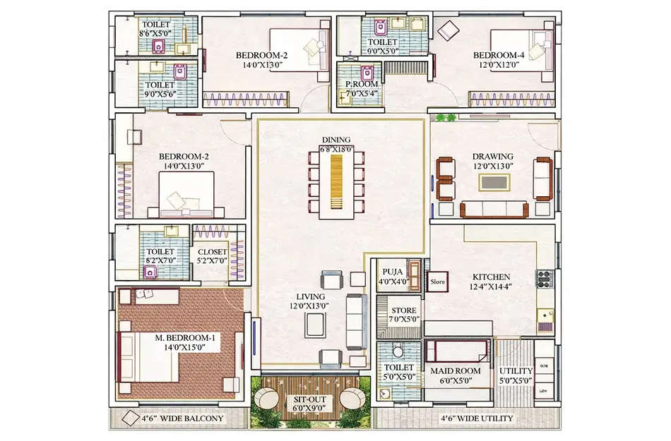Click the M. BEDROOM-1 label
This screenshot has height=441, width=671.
[185, 338]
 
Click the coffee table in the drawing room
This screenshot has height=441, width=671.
[492, 181]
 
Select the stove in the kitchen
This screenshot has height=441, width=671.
[545, 279]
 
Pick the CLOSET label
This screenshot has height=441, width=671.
[213, 252]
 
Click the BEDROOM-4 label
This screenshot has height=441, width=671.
[495, 55]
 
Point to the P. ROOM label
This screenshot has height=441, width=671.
[360, 85]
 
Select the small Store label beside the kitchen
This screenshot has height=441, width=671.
[437, 282]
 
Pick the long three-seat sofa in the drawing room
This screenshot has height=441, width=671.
[494, 209]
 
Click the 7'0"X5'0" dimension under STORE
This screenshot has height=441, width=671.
[405, 319]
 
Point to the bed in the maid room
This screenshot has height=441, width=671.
[456, 351]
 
